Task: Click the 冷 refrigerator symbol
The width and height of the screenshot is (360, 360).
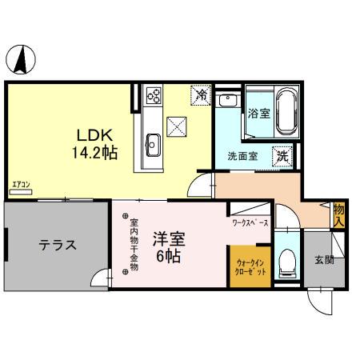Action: click(202, 95)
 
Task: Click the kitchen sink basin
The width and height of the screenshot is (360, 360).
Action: click(153, 145)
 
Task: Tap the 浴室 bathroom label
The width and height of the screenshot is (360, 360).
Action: click(257, 112)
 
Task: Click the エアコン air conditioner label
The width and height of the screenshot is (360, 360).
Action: click(22, 187)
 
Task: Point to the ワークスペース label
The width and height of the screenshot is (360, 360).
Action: click(250, 222)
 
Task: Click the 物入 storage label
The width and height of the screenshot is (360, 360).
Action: click(339, 214)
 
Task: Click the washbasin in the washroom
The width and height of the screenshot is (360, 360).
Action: click(228, 105)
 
